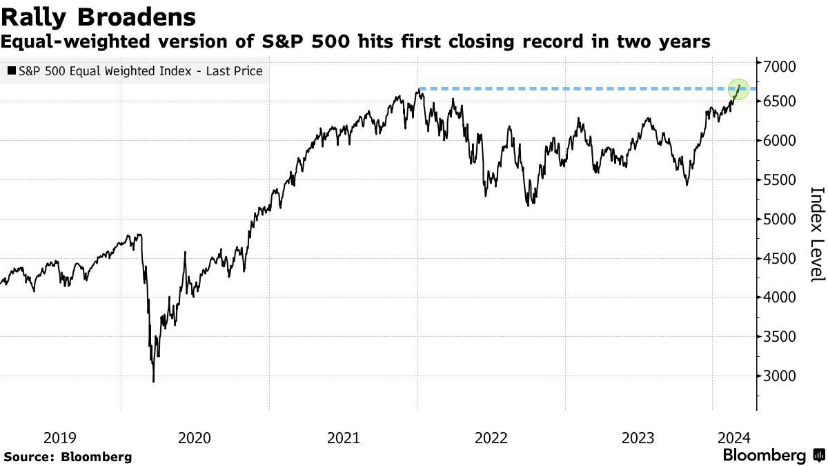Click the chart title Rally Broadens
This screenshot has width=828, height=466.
(x=98, y=17)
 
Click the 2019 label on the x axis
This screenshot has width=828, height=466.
(x=60, y=437)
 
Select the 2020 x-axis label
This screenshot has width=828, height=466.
(x=195, y=437)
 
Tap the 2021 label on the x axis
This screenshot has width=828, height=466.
(x=343, y=437)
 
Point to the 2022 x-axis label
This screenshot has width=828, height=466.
(x=491, y=437)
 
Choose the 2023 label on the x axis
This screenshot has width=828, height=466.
(x=638, y=437)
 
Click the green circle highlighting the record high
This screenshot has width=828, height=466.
(x=739, y=88)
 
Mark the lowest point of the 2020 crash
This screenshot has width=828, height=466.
(x=153, y=381)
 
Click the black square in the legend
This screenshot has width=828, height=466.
(x=12, y=71)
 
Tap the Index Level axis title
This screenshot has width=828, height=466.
(x=816, y=233)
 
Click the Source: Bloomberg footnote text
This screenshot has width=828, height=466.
(x=68, y=456)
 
